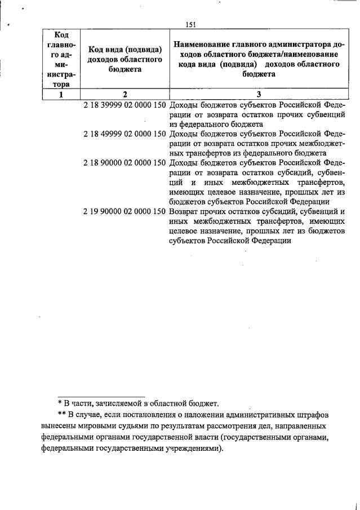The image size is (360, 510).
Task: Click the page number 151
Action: point(190,24)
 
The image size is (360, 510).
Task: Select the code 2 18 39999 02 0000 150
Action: point(125,105)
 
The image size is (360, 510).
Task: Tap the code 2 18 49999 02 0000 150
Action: point(125,134)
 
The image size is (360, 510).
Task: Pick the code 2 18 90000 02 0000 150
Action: point(125,163)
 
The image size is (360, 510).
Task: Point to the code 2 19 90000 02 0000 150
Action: point(125,211)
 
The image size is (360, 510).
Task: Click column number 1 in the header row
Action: point(60,95)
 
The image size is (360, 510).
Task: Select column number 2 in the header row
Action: point(125,95)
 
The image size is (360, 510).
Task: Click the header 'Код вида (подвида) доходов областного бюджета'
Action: point(125,60)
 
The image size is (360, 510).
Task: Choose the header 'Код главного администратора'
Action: point(60,60)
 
